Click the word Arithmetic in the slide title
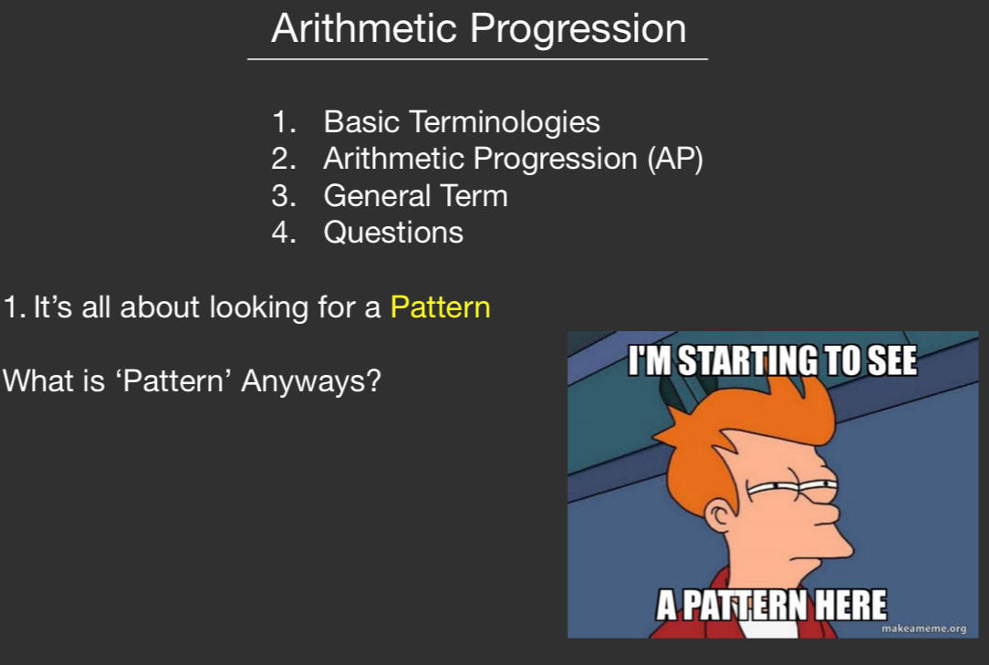point(364,28)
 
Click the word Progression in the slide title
point(578,30)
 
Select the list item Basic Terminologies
point(462,121)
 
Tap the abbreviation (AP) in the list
point(675,159)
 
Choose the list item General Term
point(416,195)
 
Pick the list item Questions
point(393,233)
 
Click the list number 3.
point(283,195)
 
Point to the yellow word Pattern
point(441,307)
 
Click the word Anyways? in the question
point(311,381)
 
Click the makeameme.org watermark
point(923,629)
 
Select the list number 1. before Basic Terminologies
point(283,121)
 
